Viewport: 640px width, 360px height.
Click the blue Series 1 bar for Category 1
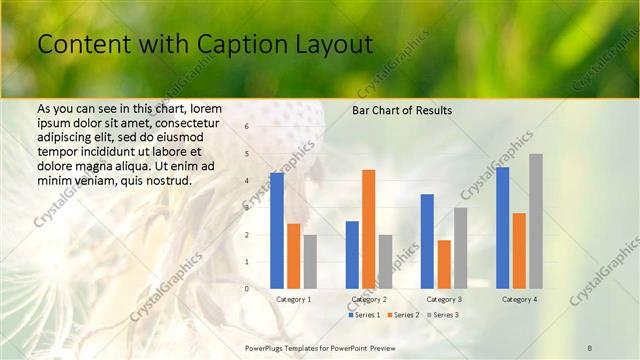click(x=277, y=231)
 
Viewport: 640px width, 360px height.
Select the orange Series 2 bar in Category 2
click(x=369, y=229)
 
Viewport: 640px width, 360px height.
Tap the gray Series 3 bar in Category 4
click(x=536, y=221)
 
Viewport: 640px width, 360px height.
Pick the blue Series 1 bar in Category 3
click(x=427, y=241)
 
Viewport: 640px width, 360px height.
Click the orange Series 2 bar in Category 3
click(x=444, y=264)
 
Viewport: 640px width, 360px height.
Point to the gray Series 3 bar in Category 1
click(x=310, y=261)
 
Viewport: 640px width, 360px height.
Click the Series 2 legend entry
click(x=402, y=315)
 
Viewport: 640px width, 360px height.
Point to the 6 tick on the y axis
click(x=247, y=127)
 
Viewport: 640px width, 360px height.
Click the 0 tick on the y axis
click(x=247, y=288)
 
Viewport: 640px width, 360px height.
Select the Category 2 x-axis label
click(x=369, y=299)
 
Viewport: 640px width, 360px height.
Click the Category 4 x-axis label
click(x=519, y=299)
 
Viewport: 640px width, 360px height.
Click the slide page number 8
click(x=590, y=346)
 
